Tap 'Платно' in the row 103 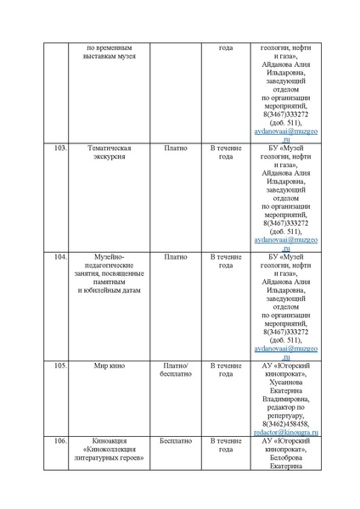pos(175,148)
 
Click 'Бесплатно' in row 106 pos(175,441)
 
